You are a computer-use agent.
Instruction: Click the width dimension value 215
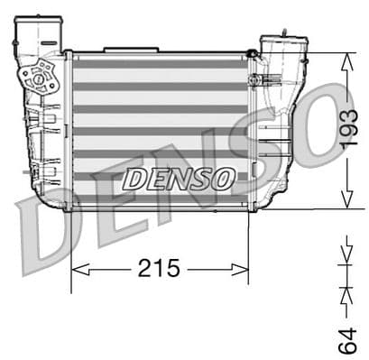[x=160, y=268]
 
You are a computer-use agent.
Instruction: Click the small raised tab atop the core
[x=118, y=49]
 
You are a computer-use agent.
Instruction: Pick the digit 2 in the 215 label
[x=145, y=268]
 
